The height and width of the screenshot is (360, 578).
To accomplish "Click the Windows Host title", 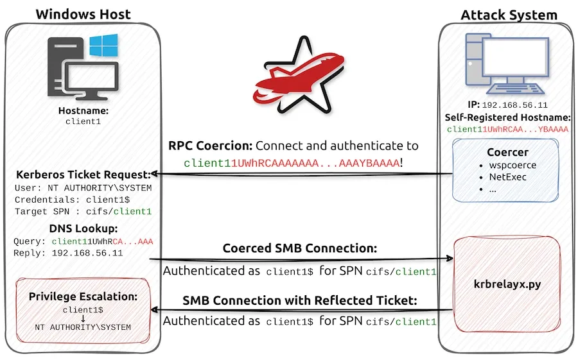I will pyautogui.click(x=83, y=13).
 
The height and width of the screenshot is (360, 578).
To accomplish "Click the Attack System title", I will pyautogui.click(x=509, y=14).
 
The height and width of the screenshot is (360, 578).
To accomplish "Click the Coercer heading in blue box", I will pyautogui.click(x=508, y=153).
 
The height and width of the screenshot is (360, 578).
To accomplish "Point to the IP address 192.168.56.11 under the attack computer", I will pyautogui.click(x=514, y=105).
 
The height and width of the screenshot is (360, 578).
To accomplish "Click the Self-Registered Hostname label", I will pyautogui.click(x=508, y=117).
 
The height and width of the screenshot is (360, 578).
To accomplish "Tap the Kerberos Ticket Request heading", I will pyautogui.click(x=83, y=175).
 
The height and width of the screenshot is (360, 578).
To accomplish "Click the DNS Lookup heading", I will pyautogui.click(x=83, y=228).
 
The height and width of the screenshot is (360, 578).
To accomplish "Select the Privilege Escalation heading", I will pyautogui.click(x=83, y=296).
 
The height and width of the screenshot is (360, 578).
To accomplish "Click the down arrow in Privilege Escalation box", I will pyautogui.click(x=83, y=318).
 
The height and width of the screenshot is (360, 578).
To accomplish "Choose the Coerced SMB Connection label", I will pyautogui.click(x=299, y=248).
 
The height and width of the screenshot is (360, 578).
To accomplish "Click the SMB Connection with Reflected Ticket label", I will pyautogui.click(x=299, y=300).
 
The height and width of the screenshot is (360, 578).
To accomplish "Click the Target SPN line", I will pyautogui.click(x=83, y=211).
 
